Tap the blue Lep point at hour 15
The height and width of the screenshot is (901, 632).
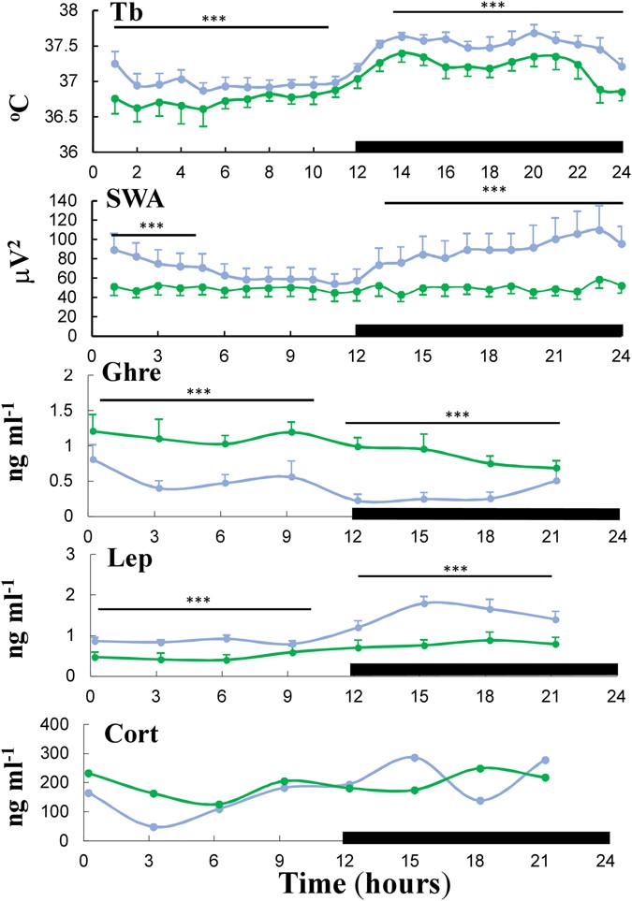424,603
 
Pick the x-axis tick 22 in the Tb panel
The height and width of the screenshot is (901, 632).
578,172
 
